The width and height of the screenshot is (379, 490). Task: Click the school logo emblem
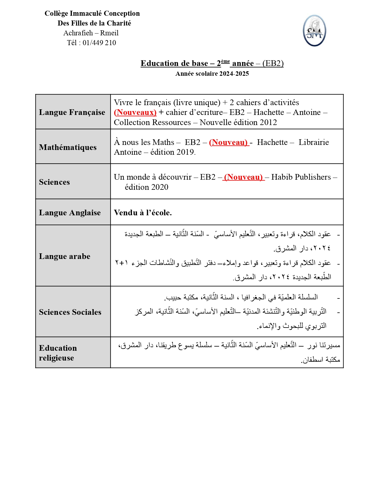pos(314,31)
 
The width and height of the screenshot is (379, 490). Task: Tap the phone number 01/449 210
pos(99,43)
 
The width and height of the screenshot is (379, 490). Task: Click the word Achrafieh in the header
pos(78,33)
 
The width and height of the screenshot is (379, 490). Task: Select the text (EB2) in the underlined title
pos(273,63)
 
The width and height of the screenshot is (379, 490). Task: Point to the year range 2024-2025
pos(234,74)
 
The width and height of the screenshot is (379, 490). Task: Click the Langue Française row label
pos(72,112)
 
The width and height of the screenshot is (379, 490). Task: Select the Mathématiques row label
pos(68,147)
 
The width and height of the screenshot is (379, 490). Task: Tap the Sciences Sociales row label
pos(70,312)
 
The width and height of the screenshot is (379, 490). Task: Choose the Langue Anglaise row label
pos(70,213)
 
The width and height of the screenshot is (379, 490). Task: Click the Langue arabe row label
pos(65,256)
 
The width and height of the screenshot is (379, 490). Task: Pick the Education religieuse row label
pos(58,353)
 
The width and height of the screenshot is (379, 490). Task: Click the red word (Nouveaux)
pos(135,113)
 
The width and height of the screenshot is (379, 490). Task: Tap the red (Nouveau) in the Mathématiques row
pos(229,143)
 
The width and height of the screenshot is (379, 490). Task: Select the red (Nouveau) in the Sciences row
pos(243,177)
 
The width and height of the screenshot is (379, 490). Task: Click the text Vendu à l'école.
pos(143,213)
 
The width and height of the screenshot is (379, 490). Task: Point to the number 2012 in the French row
pos(268,122)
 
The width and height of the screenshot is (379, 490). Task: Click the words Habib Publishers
pos(301,177)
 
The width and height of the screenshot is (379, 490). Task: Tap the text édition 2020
pos(147,187)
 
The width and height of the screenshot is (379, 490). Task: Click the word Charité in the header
pos(119,23)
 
